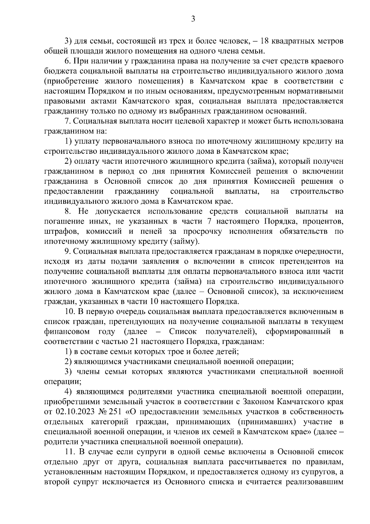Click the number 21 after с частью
[x=136, y=342]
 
